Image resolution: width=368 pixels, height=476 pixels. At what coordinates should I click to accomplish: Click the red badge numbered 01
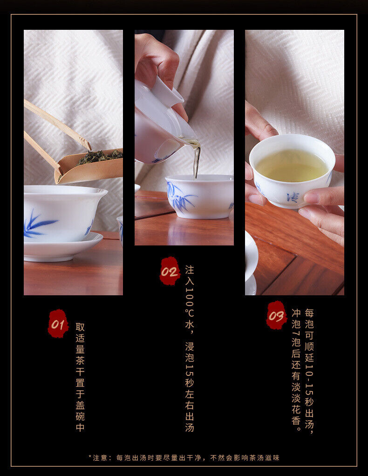coord(58,324)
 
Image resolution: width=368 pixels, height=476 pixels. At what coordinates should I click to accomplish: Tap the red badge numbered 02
coord(170,271)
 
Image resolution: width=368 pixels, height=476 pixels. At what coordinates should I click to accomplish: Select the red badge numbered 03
coord(276,315)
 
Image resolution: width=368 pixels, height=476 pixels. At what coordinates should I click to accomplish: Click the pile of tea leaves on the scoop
coord(99,156)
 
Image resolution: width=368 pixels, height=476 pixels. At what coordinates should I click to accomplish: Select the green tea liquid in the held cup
coord(292,166)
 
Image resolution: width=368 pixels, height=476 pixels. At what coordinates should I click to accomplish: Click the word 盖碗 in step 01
coord(80,411)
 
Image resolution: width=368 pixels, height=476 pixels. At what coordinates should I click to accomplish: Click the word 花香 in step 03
coord(296,415)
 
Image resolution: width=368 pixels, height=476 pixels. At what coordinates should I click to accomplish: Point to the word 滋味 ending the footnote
coord(272,457)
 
